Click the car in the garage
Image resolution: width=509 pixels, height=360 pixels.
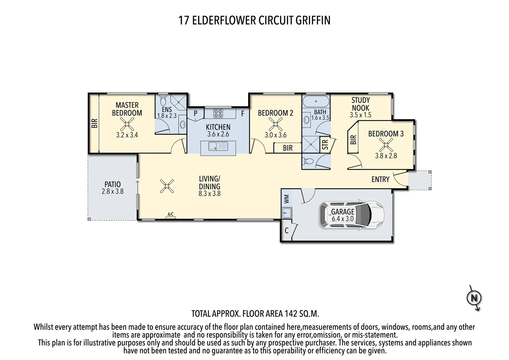tap(352, 215)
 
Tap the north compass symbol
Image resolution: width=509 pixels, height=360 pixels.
tap(474, 298)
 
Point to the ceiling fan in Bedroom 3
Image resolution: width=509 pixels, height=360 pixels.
tap(386, 145)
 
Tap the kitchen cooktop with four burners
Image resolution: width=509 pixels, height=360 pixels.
tap(218, 113)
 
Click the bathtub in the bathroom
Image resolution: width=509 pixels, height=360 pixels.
tap(316, 101)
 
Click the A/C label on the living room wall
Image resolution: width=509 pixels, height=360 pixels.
tap(171, 214)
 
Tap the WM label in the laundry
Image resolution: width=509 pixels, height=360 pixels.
tap(286, 199)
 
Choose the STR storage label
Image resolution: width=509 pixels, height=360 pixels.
tap(325, 144)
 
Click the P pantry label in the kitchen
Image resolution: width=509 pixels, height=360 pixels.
tap(196, 114)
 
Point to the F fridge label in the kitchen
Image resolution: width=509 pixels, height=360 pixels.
tap(243, 114)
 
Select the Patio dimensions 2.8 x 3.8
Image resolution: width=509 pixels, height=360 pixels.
tap(113, 191)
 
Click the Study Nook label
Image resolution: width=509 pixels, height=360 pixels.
tap(360, 104)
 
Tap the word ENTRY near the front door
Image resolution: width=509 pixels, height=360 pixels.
tap(380, 179)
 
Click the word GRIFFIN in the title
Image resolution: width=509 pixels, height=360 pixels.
tap(313, 20)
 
